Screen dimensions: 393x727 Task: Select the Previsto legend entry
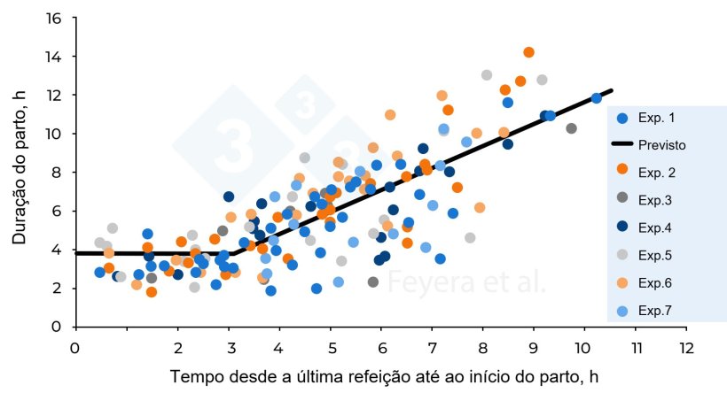pyautogui.click(x=661, y=144)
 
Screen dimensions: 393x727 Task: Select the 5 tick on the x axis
pyautogui.click(x=331, y=348)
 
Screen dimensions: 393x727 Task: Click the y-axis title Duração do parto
pyautogui.click(x=19, y=172)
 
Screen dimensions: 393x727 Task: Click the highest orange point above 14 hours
pyautogui.click(x=528, y=52)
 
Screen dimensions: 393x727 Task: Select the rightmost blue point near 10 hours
pyautogui.click(x=596, y=98)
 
